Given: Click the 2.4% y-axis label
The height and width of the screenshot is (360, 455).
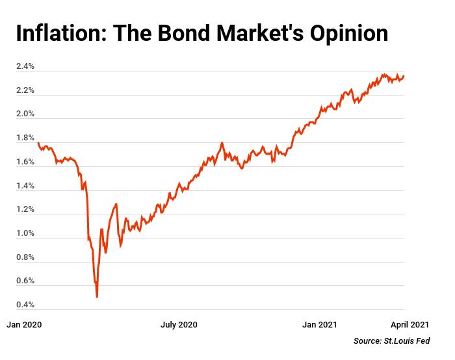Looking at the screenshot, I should tap(25, 67).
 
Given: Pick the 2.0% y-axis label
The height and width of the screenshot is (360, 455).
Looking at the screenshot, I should tap(25, 114).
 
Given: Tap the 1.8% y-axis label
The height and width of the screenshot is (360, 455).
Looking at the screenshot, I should tap(25, 138).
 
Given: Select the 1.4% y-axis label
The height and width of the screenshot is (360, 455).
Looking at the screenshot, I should tap(25, 186).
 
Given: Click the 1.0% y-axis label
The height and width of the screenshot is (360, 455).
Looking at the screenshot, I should tap(25, 233).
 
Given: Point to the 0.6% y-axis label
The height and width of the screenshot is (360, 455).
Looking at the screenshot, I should tap(25, 281).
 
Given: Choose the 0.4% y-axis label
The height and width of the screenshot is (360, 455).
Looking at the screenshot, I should tap(25, 305).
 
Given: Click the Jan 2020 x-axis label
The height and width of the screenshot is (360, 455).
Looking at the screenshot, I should tap(24, 324).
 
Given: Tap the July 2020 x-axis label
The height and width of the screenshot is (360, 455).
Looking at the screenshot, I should tap(179, 324).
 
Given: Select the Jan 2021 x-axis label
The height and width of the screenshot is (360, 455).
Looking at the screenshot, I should tap(319, 324).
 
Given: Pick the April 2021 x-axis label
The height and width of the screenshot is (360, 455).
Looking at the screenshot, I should tap(409, 324).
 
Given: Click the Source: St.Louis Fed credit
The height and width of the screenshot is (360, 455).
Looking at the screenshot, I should tap(391, 341).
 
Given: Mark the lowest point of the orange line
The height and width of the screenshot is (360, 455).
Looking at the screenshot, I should tap(97, 297).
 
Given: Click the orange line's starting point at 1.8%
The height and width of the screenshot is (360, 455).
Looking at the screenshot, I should tap(38, 143).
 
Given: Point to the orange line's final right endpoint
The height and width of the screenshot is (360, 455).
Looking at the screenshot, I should tap(404, 76).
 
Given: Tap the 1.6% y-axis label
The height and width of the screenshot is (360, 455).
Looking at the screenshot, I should tap(25, 162).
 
